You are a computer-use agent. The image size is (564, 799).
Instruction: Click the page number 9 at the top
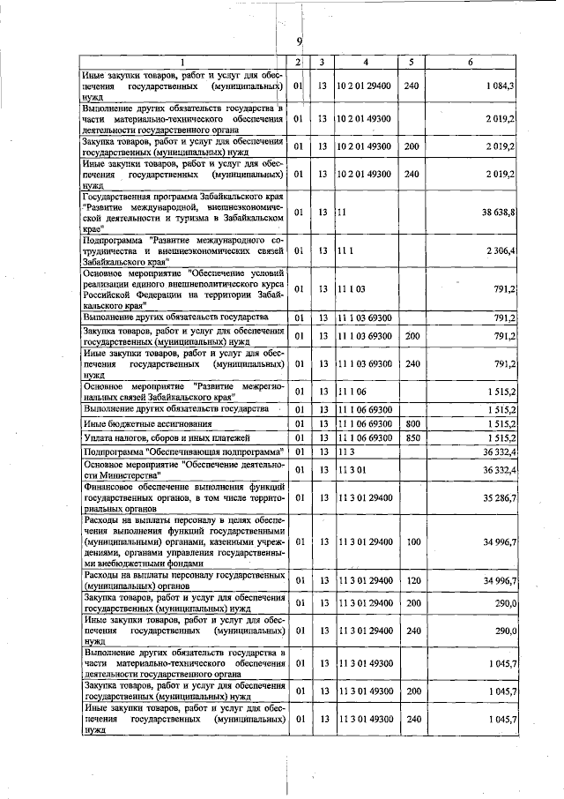pos(299,42)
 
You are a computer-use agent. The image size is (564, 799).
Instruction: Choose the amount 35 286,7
pos(496,497)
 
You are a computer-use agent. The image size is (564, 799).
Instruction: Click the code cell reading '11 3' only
pos(345,452)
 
